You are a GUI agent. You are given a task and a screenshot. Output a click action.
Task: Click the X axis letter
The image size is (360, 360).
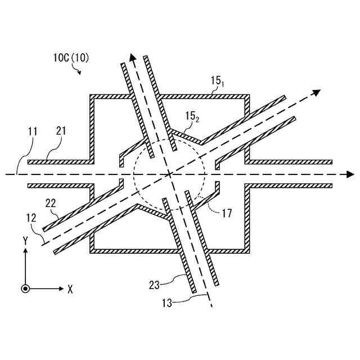pyautogui.click(x=70, y=289)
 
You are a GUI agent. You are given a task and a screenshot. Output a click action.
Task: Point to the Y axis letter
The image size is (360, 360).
pyautogui.click(x=25, y=240)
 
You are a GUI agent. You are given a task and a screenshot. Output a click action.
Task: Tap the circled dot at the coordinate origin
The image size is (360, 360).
pyautogui.click(x=25, y=289)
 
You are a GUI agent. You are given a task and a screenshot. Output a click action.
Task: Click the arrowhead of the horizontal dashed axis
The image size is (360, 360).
pyautogui.click(x=350, y=174)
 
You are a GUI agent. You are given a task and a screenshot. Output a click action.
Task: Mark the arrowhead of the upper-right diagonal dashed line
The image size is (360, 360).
pyautogui.click(x=317, y=93)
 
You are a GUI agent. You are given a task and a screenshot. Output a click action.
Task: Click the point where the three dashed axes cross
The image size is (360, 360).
pyautogui.click(x=169, y=174)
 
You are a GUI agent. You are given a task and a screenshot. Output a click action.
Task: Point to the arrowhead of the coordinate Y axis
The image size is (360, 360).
pyautogui.click(x=25, y=251)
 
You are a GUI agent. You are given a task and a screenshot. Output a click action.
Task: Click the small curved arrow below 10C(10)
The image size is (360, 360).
pyautogui.click(x=78, y=70)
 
